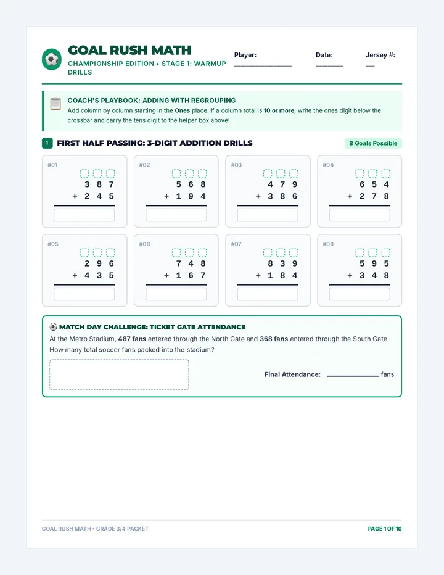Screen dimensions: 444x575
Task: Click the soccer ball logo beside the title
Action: coord(52,59)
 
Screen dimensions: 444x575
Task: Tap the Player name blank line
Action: coord(263,66)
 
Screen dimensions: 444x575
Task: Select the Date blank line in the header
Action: coord(329,66)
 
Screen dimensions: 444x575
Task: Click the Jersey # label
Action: coord(380,55)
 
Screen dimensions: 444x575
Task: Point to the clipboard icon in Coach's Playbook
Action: coord(55,104)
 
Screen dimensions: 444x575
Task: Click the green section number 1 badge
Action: coord(47,143)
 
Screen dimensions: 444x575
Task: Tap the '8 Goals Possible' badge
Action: coord(373,143)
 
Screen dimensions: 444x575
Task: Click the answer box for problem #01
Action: coord(84,215)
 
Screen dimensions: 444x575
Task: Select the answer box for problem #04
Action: coord(360,215)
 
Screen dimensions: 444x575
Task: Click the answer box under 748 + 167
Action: coord(176,294)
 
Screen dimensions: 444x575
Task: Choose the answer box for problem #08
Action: coord(360,294)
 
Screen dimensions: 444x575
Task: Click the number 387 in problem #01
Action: coord(99,184)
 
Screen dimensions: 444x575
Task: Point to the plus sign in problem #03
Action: coord(258,196)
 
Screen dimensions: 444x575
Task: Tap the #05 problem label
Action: coord(53,244)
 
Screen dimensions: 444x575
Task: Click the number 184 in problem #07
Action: coord(282,275)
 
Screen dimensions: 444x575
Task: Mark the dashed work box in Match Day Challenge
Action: coord(119,374)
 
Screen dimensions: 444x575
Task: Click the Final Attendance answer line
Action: coord(353,376)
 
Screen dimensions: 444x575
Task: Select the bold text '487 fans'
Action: coord(132,339)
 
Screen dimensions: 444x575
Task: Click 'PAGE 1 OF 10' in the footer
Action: coord(385,529)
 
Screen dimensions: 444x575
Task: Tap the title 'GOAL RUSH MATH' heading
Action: coord(129,50)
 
